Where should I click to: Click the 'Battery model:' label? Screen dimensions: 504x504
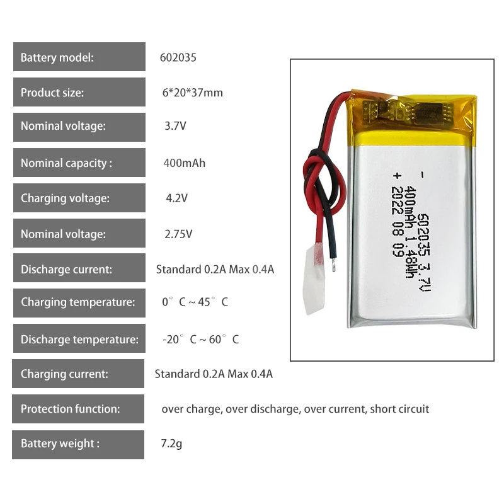[57, 58]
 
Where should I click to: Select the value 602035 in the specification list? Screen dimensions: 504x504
[178, 57]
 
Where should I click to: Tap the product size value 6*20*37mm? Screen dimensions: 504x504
[192, 93]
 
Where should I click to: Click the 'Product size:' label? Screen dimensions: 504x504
[52, 93]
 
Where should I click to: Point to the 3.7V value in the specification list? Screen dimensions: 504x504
[175, 126]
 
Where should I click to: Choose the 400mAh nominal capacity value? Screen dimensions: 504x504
[184, 163]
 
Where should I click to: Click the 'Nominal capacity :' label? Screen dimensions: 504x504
[66, 163]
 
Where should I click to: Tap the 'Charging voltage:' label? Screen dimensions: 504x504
[65, 198]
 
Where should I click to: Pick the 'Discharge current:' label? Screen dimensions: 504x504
[66, 269]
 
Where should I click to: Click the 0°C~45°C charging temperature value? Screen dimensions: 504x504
[195, 302]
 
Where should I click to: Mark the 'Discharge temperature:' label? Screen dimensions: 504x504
[79, 340]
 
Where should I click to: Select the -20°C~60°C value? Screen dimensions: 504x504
[200, 340]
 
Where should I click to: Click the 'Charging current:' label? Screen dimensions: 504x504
[64, 374]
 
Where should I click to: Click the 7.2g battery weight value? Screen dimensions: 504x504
[171, 444]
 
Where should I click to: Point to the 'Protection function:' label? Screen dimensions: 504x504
[70, 409]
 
